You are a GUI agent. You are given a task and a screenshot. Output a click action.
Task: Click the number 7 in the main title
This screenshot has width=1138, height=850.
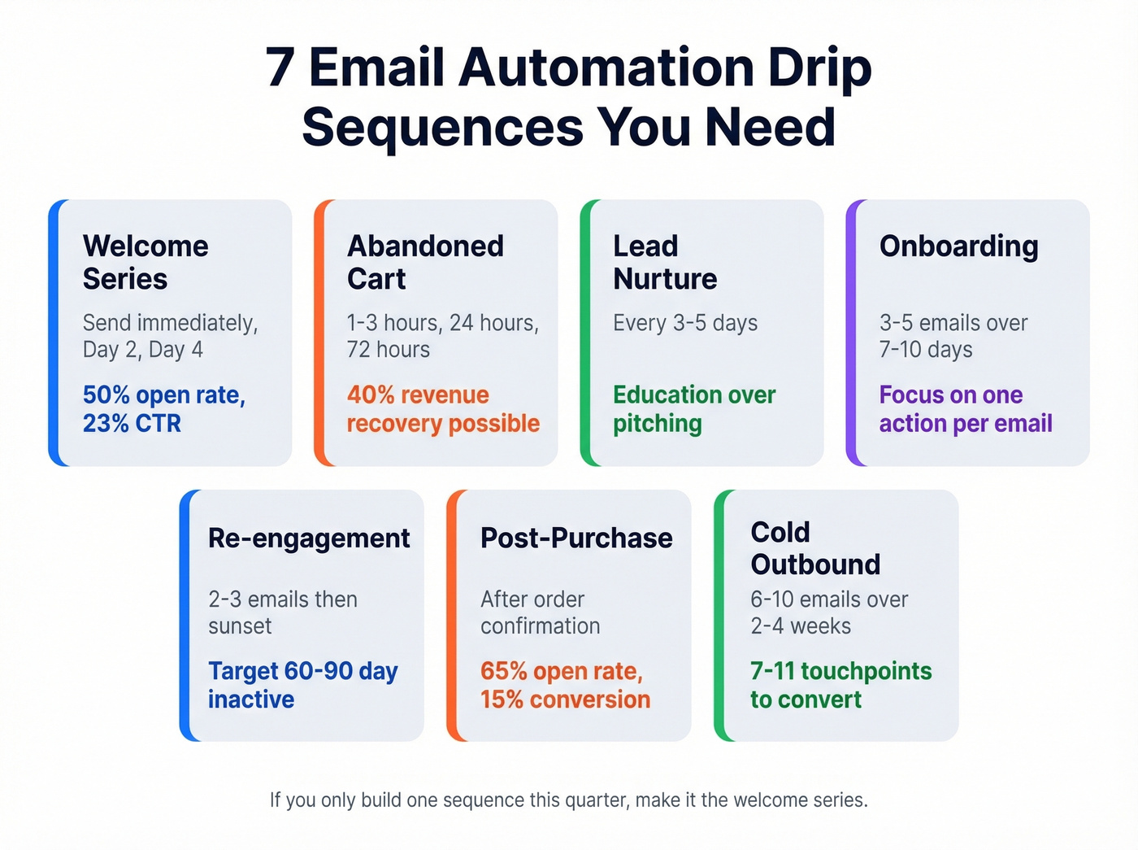pyautogui.click(x=280, y=68)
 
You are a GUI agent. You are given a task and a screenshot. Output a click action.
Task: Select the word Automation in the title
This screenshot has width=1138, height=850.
pyautogui.click(x=605, y=68)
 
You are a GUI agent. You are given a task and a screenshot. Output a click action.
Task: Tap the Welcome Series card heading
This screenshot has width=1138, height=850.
pyautogui.click(x=146, y=262)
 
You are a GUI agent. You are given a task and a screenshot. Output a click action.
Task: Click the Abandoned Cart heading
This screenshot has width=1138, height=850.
pyautogui.click(x=425, y=262)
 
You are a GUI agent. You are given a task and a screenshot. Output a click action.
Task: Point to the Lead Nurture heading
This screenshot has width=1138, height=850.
pyautogui.click(x=665, y=262)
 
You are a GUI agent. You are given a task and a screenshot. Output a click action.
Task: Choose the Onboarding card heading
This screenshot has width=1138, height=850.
pyautogui.click(x=958, y=246)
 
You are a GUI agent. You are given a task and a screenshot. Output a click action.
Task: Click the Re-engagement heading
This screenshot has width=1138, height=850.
pyautogui.click(x=309, y=538)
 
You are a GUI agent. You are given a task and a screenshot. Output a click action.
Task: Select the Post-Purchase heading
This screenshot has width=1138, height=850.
pyautogui.click(x=576, y=538)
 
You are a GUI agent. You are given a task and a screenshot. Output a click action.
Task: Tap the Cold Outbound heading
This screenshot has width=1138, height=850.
pyautogui.click(x=815, y=547)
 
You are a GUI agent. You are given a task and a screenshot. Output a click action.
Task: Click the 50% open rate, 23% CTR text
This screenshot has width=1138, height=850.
pyautogui.click(x=164, y=409)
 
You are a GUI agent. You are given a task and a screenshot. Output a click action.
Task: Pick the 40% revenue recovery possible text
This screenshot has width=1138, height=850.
pyautogui.click(x=443, y=409)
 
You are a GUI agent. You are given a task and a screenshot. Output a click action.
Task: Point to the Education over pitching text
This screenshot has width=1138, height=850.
pyautogui.click(x=694, y=409)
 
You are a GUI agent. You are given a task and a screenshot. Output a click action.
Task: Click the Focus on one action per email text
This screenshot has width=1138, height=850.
pyautogui.click(x=966, y=409)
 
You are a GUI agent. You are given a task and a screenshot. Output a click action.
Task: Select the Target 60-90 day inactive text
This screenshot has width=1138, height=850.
pyautogui.click(x=302, y=685)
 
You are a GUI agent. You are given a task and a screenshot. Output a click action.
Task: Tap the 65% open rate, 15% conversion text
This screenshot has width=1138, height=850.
pyautogui.click(x=565, y=685)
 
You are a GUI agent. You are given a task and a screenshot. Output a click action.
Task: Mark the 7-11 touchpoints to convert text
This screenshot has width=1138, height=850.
pyautogui.click(x=840, y=685)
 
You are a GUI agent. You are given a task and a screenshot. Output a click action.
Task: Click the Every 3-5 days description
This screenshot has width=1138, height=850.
pyautogui.click(x=685, y=323)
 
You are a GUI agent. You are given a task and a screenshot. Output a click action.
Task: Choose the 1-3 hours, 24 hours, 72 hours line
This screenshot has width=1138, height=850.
pyautogui.click(x=443, y=336)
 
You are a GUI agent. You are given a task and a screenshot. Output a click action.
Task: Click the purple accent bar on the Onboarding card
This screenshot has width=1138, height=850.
pyautogui.click(x=852, y=333)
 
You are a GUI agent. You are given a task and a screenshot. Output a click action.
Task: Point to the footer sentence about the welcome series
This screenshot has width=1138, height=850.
pyautogui.click(x=569, y=800)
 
